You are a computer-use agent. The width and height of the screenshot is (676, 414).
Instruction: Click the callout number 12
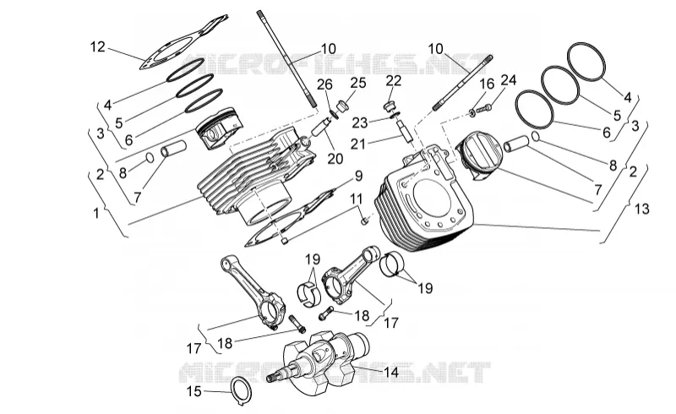coord(98,46)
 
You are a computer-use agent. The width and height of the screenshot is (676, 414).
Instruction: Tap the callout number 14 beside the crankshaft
coord(391,372)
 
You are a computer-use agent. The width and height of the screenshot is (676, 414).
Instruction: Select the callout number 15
coord(194,391)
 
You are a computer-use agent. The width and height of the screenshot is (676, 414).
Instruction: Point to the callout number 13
coord(641,209)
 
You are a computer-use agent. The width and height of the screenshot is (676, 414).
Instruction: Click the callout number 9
coord(358,176)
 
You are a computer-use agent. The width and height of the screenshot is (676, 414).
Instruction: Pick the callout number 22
coord(393,80)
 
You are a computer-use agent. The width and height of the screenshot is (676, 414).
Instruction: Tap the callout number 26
coord(325,84)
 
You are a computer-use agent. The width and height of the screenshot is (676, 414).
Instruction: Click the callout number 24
coord(509,79)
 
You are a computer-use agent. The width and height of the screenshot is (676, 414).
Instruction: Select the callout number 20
coord(335,159)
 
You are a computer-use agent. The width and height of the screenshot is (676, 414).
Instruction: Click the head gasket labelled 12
coord(183,42)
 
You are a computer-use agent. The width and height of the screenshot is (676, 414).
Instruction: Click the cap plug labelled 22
coord(390,106)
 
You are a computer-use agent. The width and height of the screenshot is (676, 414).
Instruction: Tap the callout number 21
coord(357,144)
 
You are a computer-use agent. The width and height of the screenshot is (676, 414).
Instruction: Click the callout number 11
coord(356,199)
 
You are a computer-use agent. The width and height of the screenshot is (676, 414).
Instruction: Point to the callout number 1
coord(96,213)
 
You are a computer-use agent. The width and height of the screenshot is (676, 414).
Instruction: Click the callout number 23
coord(360,123)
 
